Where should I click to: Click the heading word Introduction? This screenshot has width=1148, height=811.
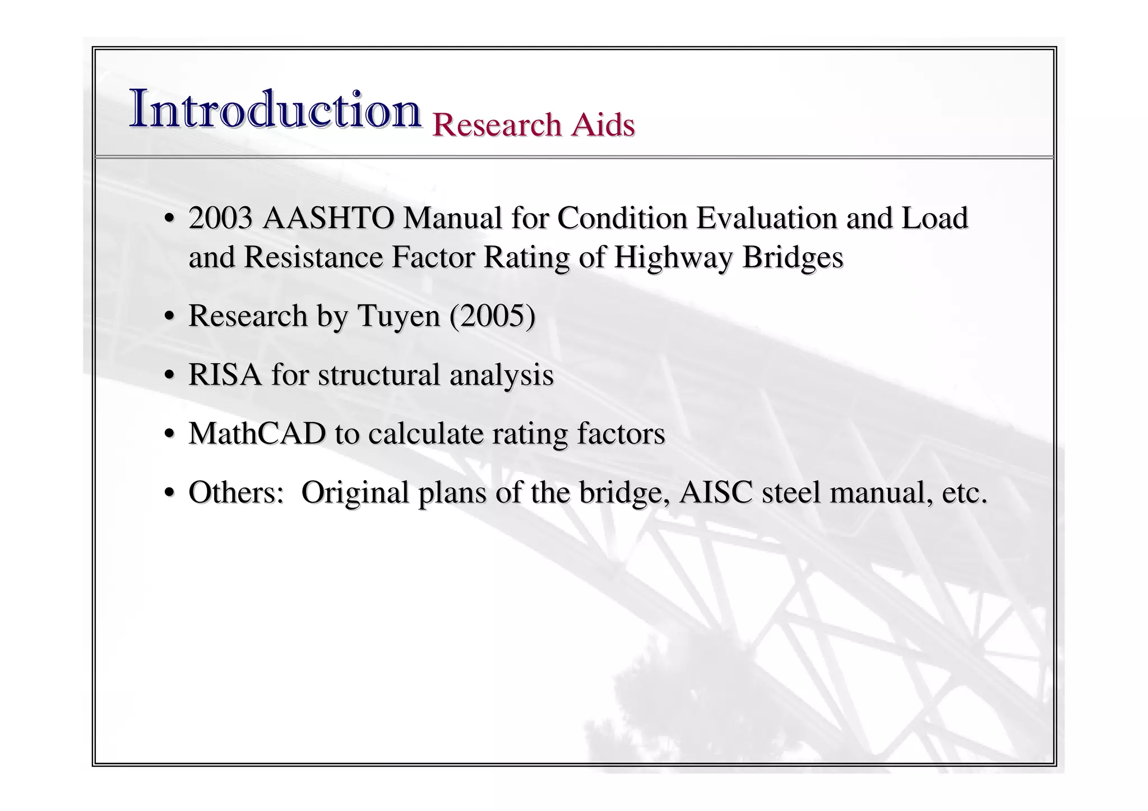click(x=275, y=109)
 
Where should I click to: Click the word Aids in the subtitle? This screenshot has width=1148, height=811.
click(x=603, y=124)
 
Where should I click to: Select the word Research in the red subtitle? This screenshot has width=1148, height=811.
click(x=497, y=124)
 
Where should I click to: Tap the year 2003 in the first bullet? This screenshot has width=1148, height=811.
click(x=220, y=218)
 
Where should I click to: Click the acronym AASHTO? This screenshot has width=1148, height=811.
click(x=328, y=218)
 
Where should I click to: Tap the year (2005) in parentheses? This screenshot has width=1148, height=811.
click(x=492, y=316)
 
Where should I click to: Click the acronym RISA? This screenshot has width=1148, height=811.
click(x=225, y=375)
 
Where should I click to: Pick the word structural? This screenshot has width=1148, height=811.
click(x=379, y=375)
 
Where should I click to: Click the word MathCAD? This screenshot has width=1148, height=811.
click(x=257, y=434)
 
